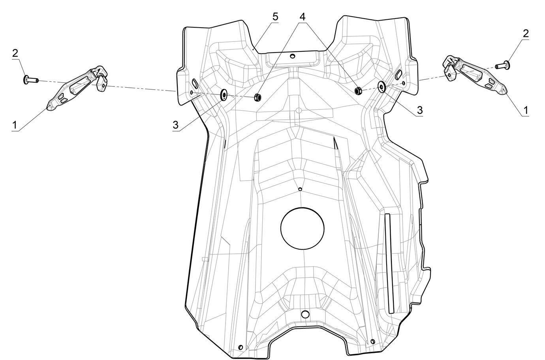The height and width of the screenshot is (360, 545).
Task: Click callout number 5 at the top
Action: [x=275, y=17]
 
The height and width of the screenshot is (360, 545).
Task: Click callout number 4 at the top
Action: [x=302, y=17]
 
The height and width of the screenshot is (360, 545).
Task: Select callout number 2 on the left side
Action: [x=15, y=53]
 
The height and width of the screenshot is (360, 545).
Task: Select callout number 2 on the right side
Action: [x=525, y=34]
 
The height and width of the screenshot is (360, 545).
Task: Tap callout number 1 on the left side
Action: [x=15, y=125]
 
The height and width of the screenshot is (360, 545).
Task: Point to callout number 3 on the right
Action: [x=419, y=110]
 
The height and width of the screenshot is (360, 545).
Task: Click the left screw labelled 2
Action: [x=30, y=80]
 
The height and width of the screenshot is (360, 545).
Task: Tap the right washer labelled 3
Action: [x=382, y=87]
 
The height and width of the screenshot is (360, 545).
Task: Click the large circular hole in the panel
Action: [x=302, y=228]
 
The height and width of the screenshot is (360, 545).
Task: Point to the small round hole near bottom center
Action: [x=304, y=314]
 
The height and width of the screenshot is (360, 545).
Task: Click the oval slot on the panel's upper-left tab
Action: [x=195, y=83]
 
